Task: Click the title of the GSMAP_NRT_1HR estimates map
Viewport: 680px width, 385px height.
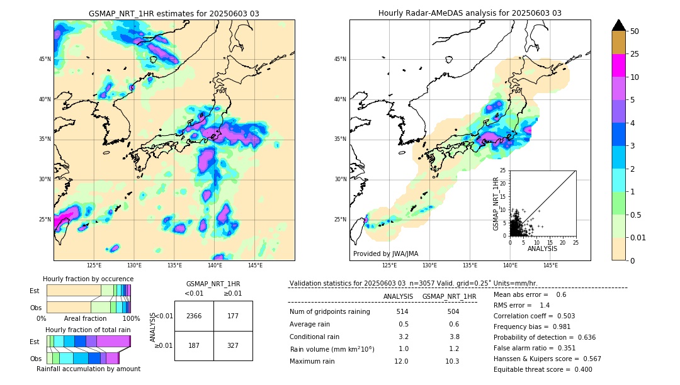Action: tap(174, 13)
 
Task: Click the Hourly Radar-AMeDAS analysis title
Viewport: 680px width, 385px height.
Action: tap(470, 13)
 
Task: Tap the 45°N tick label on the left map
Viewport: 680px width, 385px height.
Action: tap(45, 59)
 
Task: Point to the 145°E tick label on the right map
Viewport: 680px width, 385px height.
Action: tap(550, 265)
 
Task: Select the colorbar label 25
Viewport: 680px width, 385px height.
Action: tap(635, 54)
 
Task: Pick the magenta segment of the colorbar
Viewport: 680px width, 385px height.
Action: tap(619, 65)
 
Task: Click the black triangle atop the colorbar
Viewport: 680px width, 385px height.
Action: tap(619, 25)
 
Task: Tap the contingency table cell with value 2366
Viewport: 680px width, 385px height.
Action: tap(194, 316)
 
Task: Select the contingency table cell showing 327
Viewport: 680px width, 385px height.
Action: tap(233, 345)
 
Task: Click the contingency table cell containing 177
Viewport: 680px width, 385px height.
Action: tap(233, 316)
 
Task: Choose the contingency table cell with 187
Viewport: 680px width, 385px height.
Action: tap(194, 345)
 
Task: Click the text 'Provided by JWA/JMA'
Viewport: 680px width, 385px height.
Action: tap(385, 254)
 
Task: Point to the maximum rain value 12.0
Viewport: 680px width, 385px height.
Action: tap(402, 361)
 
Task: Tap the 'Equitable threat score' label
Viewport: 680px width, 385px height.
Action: tap(532, 369)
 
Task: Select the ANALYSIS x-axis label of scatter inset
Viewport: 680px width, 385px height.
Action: tap(542, 248)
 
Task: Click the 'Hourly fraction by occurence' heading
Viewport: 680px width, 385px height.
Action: tap(88, 279)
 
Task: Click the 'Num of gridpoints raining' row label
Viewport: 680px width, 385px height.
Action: tap(329, 311)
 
